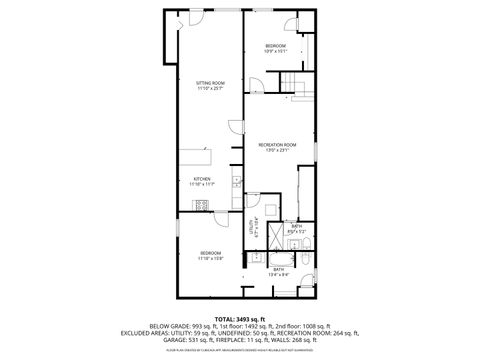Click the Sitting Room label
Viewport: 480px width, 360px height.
[209, 83]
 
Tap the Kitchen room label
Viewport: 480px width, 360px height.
[201, 178]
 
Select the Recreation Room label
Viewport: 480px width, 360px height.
[277, 145]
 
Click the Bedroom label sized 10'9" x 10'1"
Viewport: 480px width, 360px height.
[276, 46]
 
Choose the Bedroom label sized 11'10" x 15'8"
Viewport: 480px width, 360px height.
[210, 252]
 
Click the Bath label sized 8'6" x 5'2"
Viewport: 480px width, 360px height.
[297, 227]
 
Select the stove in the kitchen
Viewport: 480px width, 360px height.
[202, 205]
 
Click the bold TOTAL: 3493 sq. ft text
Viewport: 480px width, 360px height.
[239, 317]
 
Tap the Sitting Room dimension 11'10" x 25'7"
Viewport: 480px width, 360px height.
[209, 89]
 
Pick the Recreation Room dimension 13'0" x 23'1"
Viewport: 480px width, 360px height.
[277, 151]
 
